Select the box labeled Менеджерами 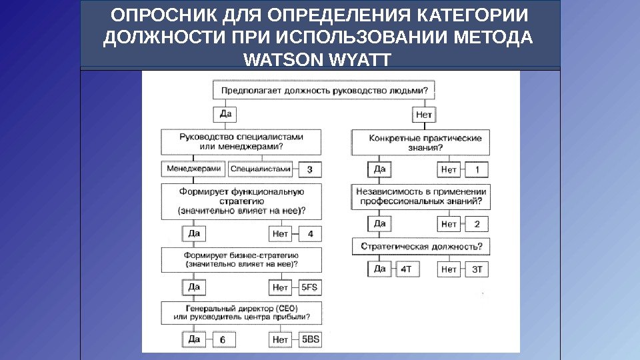coord(193,169)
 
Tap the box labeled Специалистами coord(261,169)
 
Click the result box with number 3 coord(309,169)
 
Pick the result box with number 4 coord(309,234)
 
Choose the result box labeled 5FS coord(310,287)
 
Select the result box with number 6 coord(223,340)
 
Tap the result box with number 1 coord(477,170)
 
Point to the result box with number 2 coord(477,223)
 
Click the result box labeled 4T coord(405,269)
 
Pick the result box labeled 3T coord(477,269)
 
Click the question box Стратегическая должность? coord(421,247)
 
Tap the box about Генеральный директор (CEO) coord(241,312)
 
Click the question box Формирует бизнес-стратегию coord(241,259)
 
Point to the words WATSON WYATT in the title coord(318,61)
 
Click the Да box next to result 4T coord(379,269)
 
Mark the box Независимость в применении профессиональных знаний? coord(421,195)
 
